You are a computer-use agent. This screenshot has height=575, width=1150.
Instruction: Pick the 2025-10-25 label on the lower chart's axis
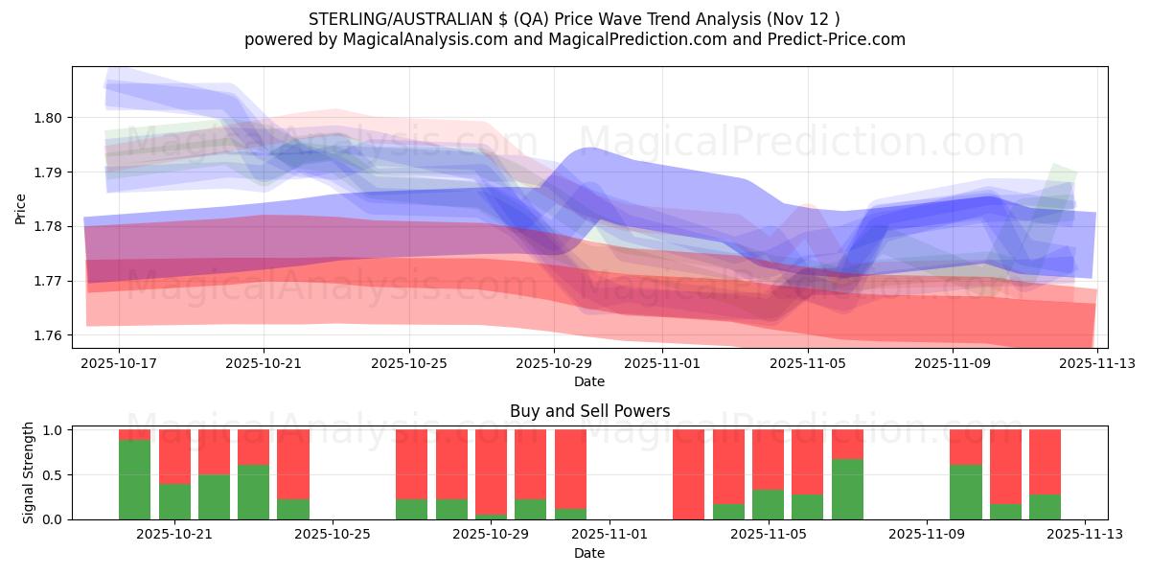coord(332,535)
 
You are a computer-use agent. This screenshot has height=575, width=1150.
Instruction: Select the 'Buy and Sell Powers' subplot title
coord(589,411)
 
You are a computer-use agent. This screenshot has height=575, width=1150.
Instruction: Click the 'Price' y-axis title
coord(21,207)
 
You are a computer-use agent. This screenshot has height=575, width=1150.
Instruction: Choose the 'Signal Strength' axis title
coord(29,472)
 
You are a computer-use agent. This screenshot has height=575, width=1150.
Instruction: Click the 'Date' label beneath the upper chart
coord(589,381)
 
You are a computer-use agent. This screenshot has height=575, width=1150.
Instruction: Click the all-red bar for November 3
coord(688,474)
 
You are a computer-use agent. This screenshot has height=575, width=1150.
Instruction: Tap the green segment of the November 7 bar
coord(847,489)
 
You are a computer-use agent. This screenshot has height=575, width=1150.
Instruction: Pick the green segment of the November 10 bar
coord(966,492)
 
